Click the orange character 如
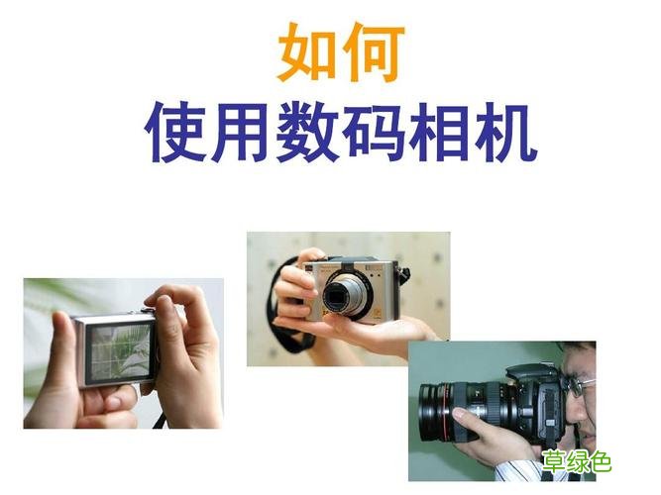coord(305,54)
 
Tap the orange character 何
coord(371,54)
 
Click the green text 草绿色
coord(576,460)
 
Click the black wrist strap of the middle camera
coord(292,337)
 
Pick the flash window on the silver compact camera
coord(375,268)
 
